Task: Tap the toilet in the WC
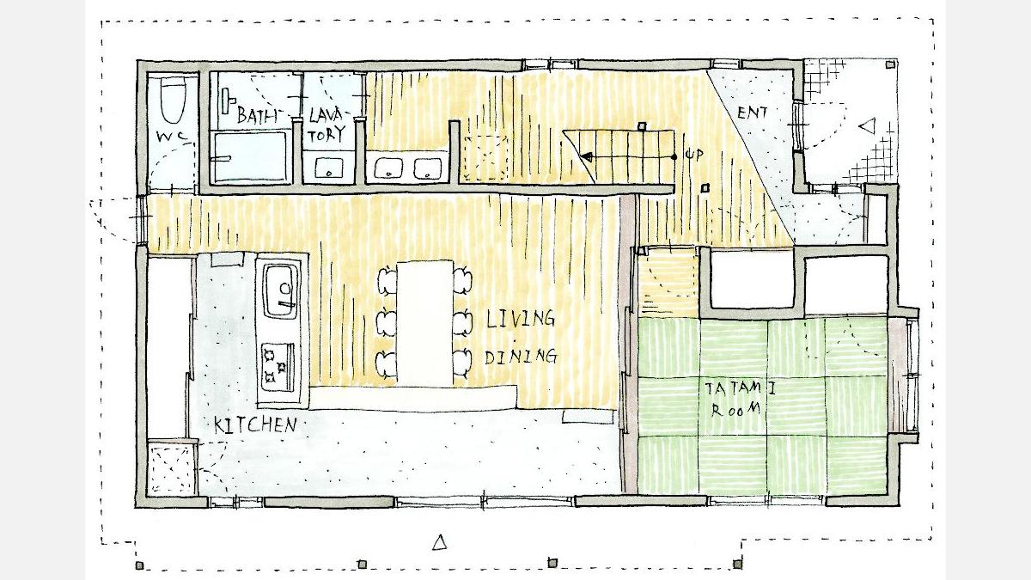tap(173, 100)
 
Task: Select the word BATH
tap(257, 115)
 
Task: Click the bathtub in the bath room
tap(251, 156)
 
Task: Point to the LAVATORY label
tap(326, 125)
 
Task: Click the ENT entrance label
tap(752, 113)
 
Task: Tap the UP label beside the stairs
tap(694, 156)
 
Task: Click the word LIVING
tap(520, 319)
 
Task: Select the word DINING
tap(521, 357)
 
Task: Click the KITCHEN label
tap(255, 425)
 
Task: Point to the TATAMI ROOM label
tap(739, 400)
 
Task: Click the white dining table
tap(425, 324)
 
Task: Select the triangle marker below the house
tap(440, 542)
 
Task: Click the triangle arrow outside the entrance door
tap(868, 126)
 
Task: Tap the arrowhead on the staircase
tap(586, 157)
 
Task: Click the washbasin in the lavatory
tap(329, 168)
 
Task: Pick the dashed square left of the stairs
tap(486, 158)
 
